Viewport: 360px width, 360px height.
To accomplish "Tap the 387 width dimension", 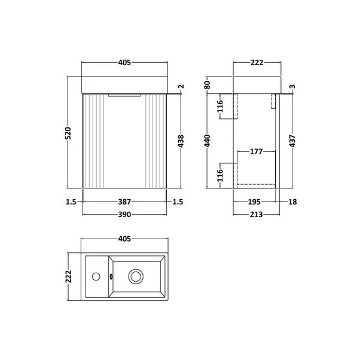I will coord(124,203).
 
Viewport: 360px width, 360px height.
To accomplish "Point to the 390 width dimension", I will coord(124,213).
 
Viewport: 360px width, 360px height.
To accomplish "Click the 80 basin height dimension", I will coord(208,85).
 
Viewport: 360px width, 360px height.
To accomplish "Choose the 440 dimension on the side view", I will coord(208,141).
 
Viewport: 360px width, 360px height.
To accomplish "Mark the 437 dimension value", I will coord(291,141).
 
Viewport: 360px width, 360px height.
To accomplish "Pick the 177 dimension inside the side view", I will coord(256,152).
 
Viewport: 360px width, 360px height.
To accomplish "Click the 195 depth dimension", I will coord(256,203).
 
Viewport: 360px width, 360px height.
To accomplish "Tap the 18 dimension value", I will coord(291,203).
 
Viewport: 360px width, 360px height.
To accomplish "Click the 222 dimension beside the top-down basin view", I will coord(69,276).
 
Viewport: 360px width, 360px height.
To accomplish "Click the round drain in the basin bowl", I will coord(136,276).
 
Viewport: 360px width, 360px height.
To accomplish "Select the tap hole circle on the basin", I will coord(94,276).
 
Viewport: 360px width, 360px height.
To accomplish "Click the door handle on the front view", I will coord(124,94).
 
